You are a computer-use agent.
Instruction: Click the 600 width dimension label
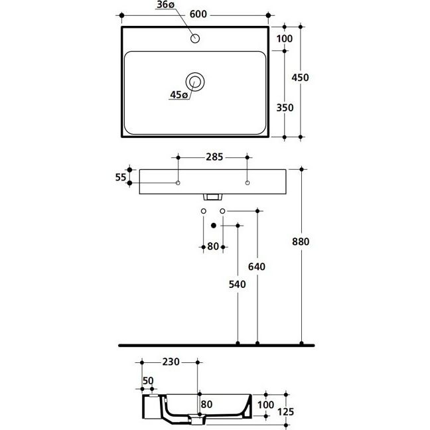[x=198, y=14]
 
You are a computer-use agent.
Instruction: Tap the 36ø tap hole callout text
[x=166, y=5]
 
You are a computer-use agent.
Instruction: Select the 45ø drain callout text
[x=179, y=95]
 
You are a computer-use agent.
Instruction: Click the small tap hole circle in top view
[x=195, y=38]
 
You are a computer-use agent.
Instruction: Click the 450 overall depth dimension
[x=301, y=78]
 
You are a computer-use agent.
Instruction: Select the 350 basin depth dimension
[x=285, y=107]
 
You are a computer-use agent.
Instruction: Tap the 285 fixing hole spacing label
[x=214, y=157]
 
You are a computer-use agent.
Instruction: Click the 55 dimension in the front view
[x=120, y=177]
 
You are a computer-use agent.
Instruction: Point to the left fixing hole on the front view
[x=178, y=183]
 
